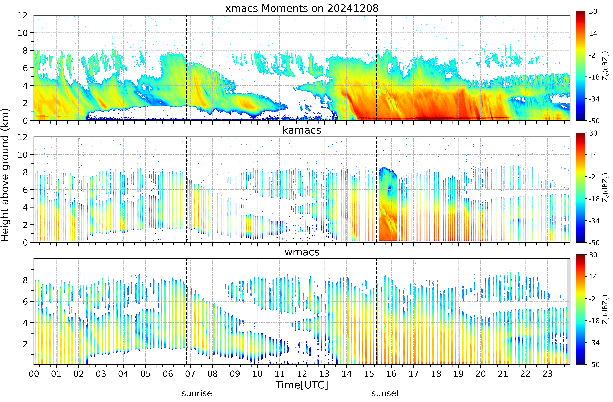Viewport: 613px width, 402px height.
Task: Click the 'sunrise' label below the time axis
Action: coord(197,393)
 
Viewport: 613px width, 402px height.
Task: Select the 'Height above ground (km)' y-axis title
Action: coord(5,175)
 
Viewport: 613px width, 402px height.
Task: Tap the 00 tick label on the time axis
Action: coord(34,374)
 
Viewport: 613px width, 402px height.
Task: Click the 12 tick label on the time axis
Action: coord(302,374)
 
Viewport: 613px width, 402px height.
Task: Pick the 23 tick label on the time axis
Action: coord(548,374)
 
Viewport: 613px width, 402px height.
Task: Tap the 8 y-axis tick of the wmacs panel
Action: coord(25,280)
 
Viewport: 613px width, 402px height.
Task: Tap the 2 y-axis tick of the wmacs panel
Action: coord(25,344)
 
